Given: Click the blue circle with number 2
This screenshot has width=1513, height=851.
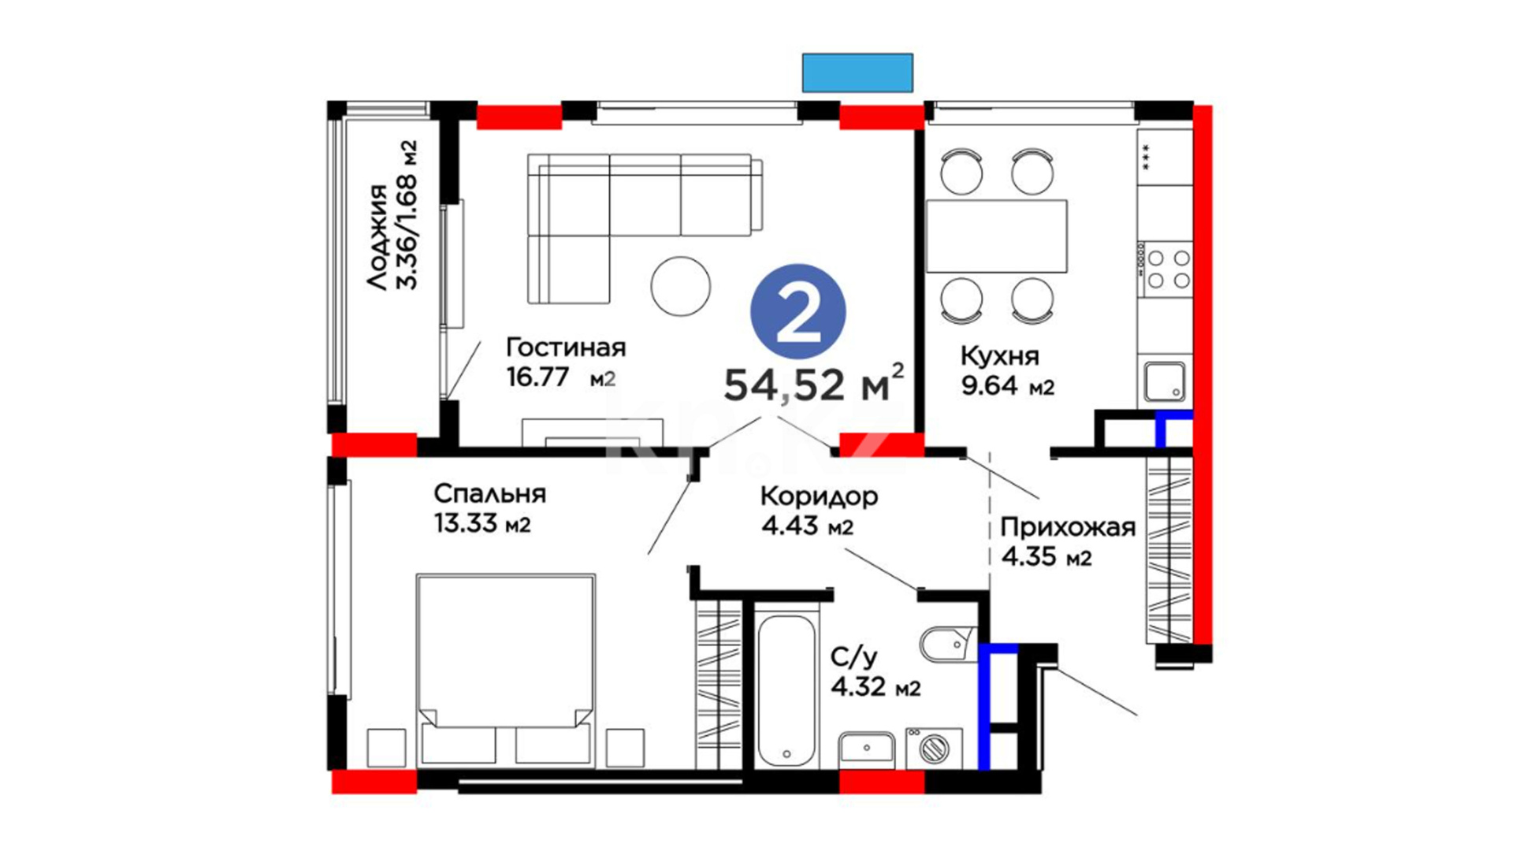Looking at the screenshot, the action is tap(798, 312).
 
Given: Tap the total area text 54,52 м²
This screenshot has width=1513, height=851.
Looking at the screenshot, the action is tap(814, 384).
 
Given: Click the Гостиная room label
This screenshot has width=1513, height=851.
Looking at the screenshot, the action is tap(566, 347).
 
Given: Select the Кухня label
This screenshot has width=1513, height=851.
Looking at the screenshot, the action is tap(999, 357).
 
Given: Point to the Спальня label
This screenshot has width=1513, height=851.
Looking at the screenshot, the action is tap(489, 494).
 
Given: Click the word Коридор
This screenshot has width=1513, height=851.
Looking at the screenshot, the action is tap(819, 496).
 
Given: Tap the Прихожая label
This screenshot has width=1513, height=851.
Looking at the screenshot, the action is tap(1068, 527).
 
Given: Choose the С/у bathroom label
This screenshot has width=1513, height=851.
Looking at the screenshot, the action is tap(853, 657).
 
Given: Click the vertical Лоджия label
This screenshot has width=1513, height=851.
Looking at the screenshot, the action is tap(378, 237).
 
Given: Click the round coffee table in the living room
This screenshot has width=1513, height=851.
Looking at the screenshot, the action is tap(681, 286).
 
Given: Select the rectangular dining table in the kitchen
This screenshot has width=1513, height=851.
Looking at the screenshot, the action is tap(996, 236).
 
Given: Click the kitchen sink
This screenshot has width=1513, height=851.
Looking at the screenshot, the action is tap(1165, 382).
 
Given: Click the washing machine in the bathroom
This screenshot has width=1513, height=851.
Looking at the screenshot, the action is tap(934, 749).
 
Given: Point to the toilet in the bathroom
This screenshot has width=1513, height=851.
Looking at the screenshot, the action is tap(949, 645).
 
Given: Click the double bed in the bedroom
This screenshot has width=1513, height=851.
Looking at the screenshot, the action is tap(505, 670).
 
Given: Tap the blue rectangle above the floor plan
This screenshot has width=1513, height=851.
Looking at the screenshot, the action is tap(857, 72).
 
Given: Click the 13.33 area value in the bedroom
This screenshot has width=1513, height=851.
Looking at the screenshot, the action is tap(466, 523).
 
